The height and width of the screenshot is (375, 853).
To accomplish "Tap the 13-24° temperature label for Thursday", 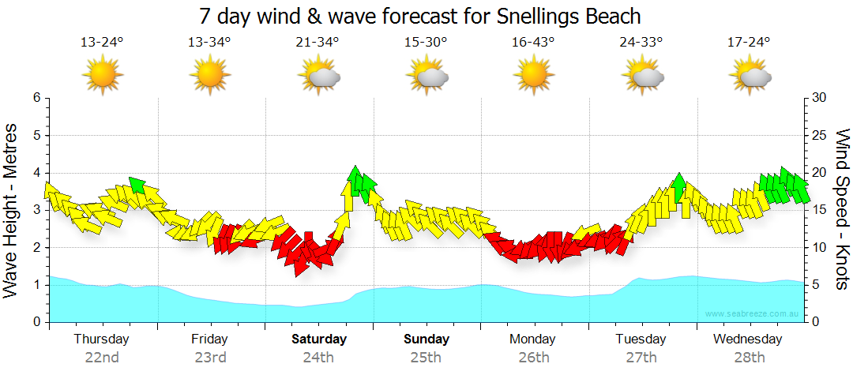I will pyautogui.click(x=102, y=43).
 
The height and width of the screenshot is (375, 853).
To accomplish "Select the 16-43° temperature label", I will pyautogui.click(x=533, y=43).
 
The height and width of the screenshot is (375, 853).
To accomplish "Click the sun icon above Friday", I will pyautogui.click(x=210, y=76).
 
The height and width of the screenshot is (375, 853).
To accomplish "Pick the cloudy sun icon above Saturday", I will pyautogui.click(x=319, y=76).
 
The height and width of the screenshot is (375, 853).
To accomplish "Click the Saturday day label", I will pyautogui.click(x=319, y=339).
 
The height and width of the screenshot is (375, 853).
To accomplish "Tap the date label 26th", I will pyautogui.click(x=533, y=357).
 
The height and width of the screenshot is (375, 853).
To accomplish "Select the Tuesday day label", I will pyautogui.click(x=641, y=339).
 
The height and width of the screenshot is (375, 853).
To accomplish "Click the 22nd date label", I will pyautogui.click(x=102, y=357).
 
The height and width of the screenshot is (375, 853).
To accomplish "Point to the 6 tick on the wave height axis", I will pyautogui.click(x=36, y=98).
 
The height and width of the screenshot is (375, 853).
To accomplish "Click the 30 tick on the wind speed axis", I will pyautogui.click(x=819, y=98).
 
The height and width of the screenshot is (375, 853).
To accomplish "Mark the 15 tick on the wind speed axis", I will pyautogui.click(x=819, y=210).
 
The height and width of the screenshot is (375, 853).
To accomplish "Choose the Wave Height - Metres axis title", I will pyautogui.click(x=12, y=210).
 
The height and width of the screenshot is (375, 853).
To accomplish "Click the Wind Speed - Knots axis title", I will pyautogui.click(x=842, y=210).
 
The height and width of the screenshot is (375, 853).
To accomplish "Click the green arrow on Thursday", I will pyautogui.click(x=137, y=185).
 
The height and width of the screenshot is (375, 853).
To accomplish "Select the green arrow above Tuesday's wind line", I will pyautogui.click(x=678, y=186).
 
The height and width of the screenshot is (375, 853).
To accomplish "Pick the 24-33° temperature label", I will pyautogui.click(x=641, y=43).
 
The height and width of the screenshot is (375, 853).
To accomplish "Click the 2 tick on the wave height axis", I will pyautogui.click(x=36, y=248).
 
